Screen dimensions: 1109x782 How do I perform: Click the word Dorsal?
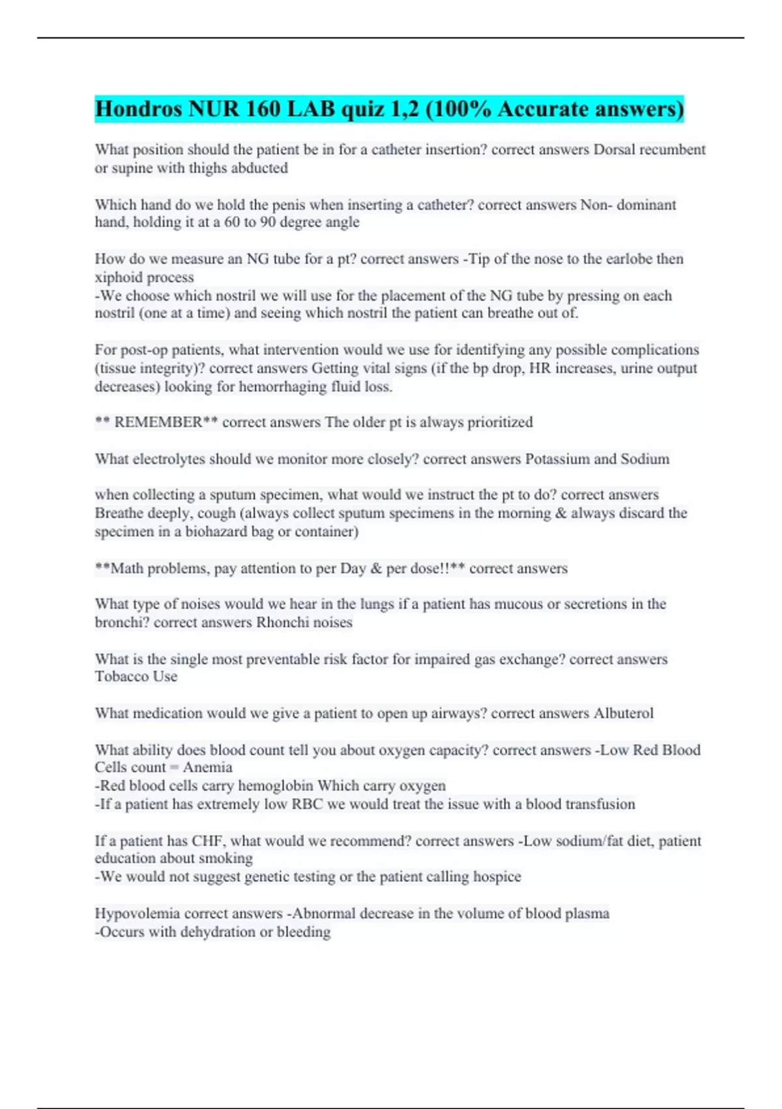(614, 150)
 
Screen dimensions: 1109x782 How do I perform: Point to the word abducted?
(259, 168)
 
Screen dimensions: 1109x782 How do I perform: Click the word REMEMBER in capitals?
(158, 423)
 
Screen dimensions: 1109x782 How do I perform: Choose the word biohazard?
(216, 532)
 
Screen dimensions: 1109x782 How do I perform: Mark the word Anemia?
(207, 768)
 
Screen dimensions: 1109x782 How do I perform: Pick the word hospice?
(495, 877)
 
